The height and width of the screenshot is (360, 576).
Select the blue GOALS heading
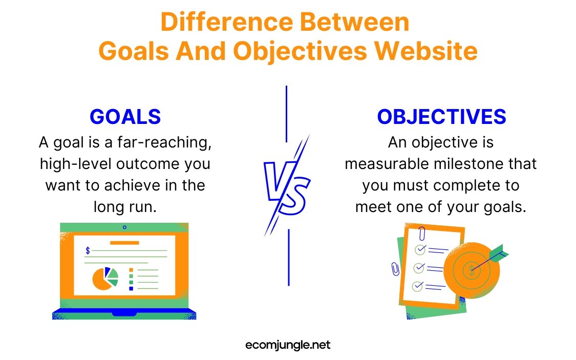click(x=125, y=117)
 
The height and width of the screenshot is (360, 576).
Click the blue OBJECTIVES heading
click(x=441, y=117)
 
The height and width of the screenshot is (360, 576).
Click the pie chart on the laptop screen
click(x=105, y=278)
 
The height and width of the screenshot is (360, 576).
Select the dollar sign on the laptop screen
click(x=88, y=250)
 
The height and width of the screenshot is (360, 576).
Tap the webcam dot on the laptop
click(x=124, y=227)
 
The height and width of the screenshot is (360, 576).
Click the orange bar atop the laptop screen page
click(x=124, y=243)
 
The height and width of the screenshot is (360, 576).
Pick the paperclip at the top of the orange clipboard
click(x=422, y=234)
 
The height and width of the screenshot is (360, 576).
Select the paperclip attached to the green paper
click(x=395, y=269)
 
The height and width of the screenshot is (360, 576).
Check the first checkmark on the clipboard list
click(x=420, y=250)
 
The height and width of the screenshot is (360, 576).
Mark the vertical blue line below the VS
click(x=289, y=257)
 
